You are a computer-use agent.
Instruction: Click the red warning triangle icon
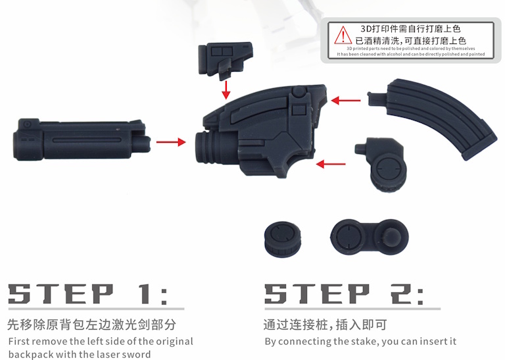tap(343, 36)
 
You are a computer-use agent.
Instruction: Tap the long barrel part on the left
tap(82, 140)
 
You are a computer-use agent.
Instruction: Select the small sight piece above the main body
tap(226, 60)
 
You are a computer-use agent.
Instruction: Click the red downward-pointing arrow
tap(226, 90)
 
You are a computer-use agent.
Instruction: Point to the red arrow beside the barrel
tap(171, 141)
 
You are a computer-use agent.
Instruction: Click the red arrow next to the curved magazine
tap(346, 100)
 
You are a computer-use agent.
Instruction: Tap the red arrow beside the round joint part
tap(331, 164)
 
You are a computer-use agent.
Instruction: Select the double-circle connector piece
tap(370, 238)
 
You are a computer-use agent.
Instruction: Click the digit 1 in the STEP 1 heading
tap(145, 294)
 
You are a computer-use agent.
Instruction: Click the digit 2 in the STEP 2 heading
tap(402, 294)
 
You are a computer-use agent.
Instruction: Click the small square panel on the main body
tap(299, 110)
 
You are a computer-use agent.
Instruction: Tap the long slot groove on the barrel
tap(87, 140)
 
